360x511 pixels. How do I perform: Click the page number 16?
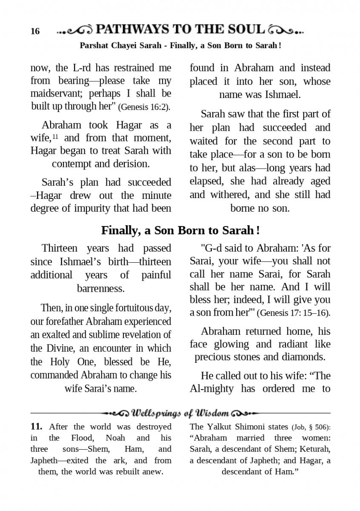(x=35, y=32)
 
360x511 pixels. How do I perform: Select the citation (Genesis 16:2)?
(x=144, y=107)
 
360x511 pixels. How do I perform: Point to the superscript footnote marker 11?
(x=56, y=136)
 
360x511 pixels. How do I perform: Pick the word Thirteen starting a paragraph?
(x=60, y=248)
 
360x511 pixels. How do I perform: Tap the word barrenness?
(x=100, y=288)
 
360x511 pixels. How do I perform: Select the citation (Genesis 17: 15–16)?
(x=294, y=313)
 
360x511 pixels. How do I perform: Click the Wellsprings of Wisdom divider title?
(x=180, y=413)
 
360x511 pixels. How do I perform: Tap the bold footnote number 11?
(x=36, y=427)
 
